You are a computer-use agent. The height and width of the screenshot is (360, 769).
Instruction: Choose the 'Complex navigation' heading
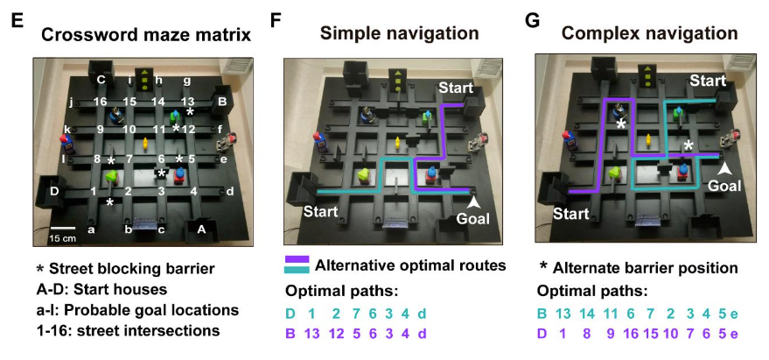pos(649,34)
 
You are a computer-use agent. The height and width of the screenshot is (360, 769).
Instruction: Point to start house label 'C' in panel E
pos(101,79)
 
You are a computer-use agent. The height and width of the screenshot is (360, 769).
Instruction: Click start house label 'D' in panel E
pos(53,188)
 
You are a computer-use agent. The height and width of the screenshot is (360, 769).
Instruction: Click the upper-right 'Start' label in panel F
pos(455,88)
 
